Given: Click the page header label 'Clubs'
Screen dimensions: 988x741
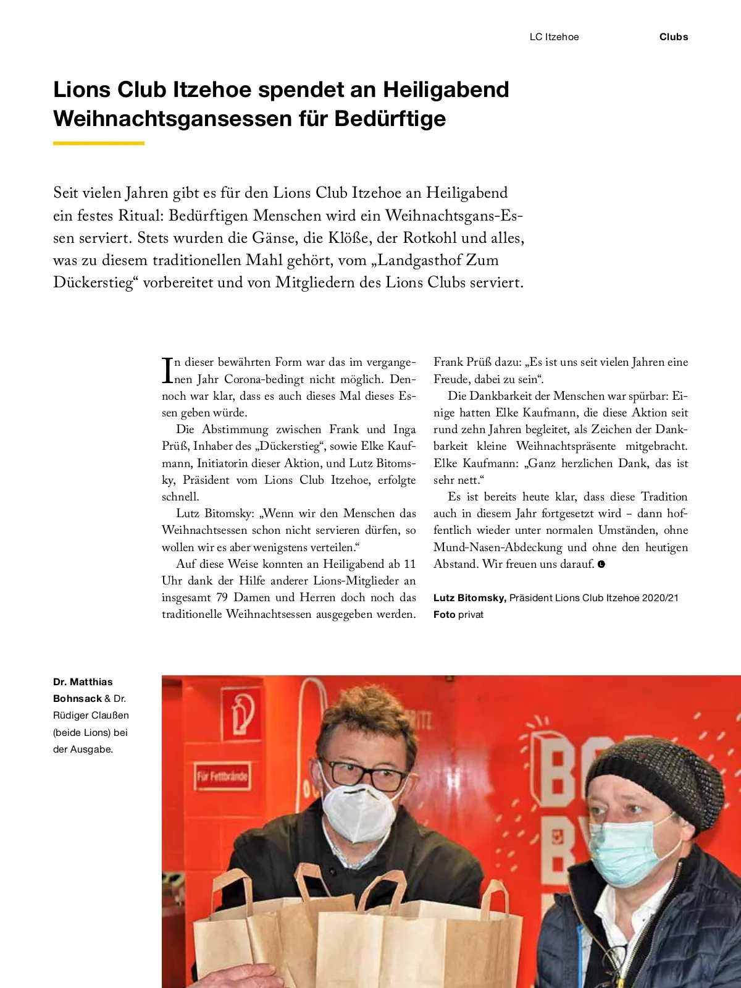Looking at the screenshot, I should click(673, 37).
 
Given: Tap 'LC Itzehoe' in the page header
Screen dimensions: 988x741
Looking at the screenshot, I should click(554, 37).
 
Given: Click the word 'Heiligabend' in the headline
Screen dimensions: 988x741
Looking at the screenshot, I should click(446, 90).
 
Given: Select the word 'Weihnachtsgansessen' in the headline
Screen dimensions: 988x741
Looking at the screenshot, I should click(172, 119).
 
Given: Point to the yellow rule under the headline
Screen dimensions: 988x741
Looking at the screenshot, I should click(99, 143).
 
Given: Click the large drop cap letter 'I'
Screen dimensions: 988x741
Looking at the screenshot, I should click(167, 369).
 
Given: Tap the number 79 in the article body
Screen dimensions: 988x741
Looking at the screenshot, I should click(222, 597).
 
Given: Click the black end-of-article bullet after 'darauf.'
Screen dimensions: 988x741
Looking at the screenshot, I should click(601, 564).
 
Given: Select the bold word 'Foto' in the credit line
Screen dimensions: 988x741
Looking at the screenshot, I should click(444, 615).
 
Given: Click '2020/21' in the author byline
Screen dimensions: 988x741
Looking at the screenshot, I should click(659, 598).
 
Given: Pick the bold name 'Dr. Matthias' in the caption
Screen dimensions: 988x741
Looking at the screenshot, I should click(83, 682).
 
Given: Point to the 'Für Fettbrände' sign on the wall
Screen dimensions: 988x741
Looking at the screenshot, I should click(222, 776).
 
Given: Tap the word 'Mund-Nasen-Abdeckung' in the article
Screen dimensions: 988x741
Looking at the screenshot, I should click(498, 547).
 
